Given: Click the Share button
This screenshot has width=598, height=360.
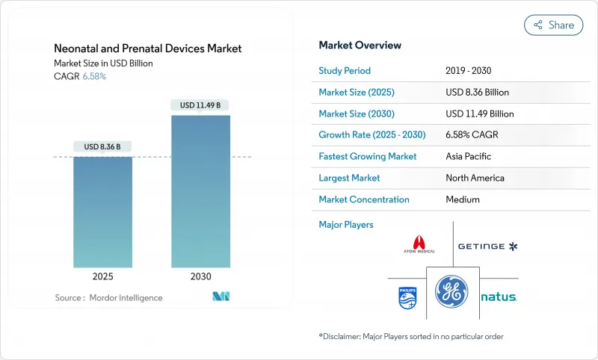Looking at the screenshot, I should coord(553,25).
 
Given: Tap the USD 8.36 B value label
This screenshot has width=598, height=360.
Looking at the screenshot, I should coord(103,146).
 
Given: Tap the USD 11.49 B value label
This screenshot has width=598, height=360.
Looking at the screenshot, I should coord(200,105).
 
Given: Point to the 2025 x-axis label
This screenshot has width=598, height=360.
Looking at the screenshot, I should coord(103,276).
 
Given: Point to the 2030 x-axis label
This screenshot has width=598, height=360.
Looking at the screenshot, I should coord(200,276).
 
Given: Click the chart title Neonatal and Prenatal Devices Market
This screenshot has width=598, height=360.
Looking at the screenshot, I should coord(148,49).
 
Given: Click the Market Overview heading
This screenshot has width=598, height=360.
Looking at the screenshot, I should coord(360,46).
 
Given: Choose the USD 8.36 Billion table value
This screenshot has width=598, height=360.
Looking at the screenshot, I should coord(477,93).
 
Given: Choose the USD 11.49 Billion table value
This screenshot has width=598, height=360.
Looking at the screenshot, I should coord(479,114).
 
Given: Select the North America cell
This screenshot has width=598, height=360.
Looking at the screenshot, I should coord(475,178).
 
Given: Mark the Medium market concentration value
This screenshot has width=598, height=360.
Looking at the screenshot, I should coord(462,199).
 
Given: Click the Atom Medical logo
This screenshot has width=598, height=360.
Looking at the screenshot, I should coord(419,246).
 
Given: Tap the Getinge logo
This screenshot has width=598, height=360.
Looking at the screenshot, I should coord(487,246).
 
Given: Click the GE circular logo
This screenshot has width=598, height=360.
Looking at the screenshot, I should coord(452,291).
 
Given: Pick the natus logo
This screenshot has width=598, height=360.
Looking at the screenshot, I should coord(499,297).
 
